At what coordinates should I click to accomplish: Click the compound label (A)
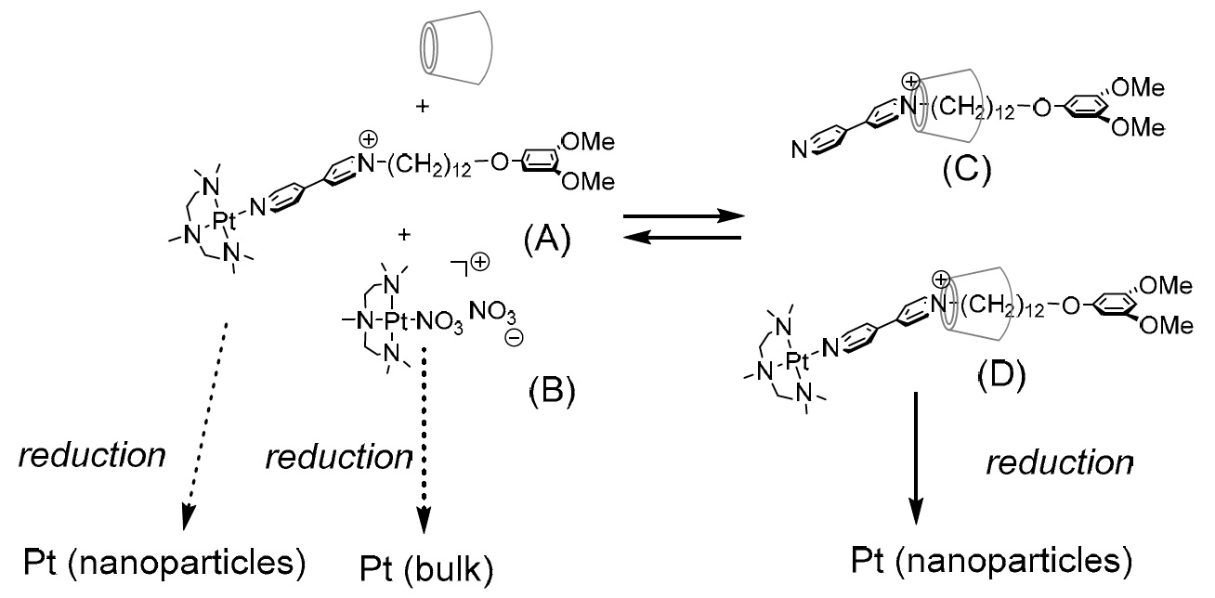pyautogui.click(x=547, y=240)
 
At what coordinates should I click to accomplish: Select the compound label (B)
pyautogui.click(x=552, y=390)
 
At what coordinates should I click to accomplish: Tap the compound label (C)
pyautogui.click(x=967, y=170)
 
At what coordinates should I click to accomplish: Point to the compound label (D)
pyautogui.click(x=1002, y=375)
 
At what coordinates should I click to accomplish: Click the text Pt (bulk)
pyautogui.click(x=426, y=570)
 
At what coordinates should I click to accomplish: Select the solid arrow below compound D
pyautogui.click(x=916, y=459)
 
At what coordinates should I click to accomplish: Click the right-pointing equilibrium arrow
pyautogui.click(x=684, y=215)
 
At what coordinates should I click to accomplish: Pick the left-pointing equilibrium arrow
pyautogui.click(x=682, y=237)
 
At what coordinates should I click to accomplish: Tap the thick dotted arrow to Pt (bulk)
pyautogui.click(x=424, y=441)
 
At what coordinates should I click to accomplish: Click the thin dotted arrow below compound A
pyautogui.click(x=205, y=426)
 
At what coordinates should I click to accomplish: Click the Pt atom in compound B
pyautogui.click(x=396, y=321)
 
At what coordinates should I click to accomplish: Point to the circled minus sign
pyautogui.click(x=514, y=338)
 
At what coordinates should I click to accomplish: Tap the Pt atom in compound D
pyautogui.click(x=797, y=360)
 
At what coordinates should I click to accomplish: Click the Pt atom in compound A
pyautogui.click(x=224, y=221)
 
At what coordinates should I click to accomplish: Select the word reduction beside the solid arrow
pyautogui.click(x=1060, y=462)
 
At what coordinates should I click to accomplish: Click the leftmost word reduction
pyautogui.click(x=92, y=455)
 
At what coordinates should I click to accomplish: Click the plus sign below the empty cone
pyautogui.click(x=422, y=106)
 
